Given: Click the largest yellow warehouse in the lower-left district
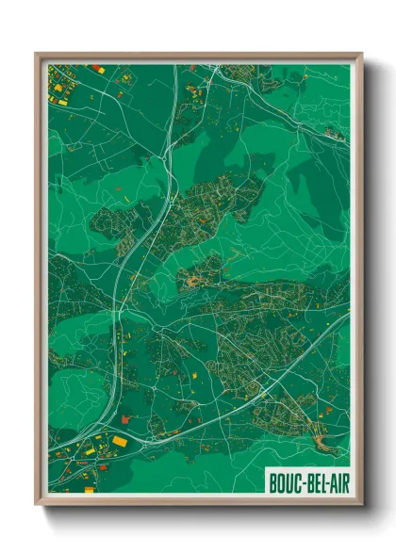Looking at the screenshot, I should [121, 440].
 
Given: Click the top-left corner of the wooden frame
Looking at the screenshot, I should [36, 54].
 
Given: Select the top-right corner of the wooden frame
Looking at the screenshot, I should [362, 54].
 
